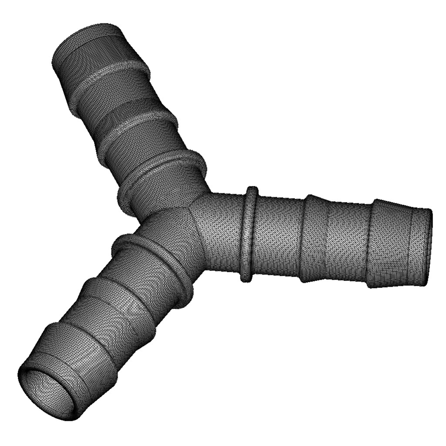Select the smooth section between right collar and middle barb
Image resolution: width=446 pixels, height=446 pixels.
tap(277, 237)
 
